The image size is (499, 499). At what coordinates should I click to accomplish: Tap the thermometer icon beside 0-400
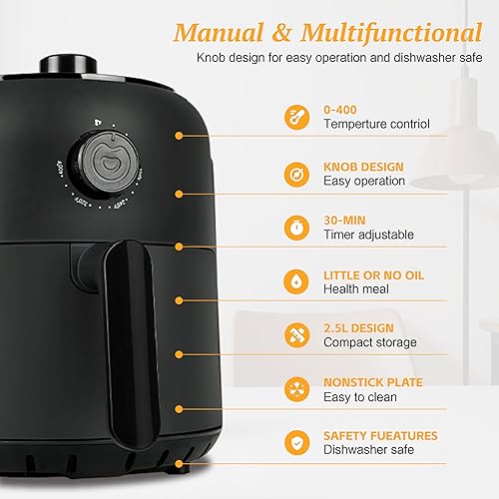[296, 117]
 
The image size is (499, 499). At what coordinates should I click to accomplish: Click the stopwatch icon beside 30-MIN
[296, 227]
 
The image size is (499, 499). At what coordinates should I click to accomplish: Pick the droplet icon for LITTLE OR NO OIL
[296, 280]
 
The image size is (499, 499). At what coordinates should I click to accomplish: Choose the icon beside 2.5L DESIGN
[296, 334]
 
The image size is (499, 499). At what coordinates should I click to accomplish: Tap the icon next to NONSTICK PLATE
[296, 388]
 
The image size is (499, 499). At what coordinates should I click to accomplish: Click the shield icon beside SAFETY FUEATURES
[296, 442]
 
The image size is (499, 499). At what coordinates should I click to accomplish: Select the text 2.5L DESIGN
[358, 326]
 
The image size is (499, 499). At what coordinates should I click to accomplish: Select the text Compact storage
[370, 343]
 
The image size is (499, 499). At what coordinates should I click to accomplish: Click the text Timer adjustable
[366, 235]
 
